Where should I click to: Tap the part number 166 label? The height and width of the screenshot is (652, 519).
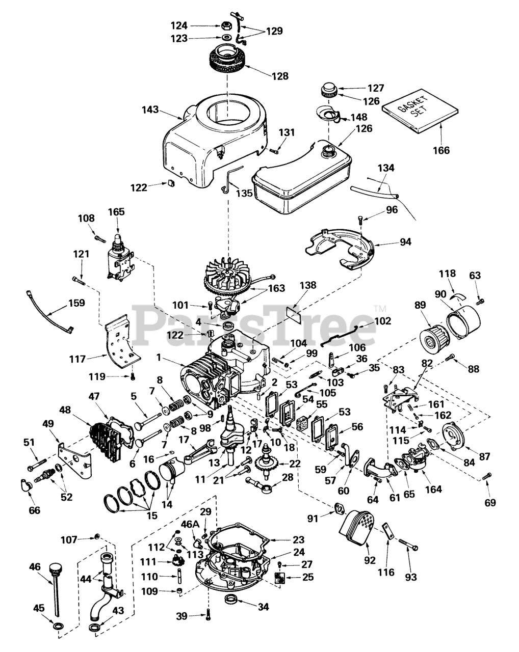coord(442,150)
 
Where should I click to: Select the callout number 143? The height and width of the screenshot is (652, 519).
coord(151,110)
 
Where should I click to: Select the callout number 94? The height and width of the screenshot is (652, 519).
coord(405,242)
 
